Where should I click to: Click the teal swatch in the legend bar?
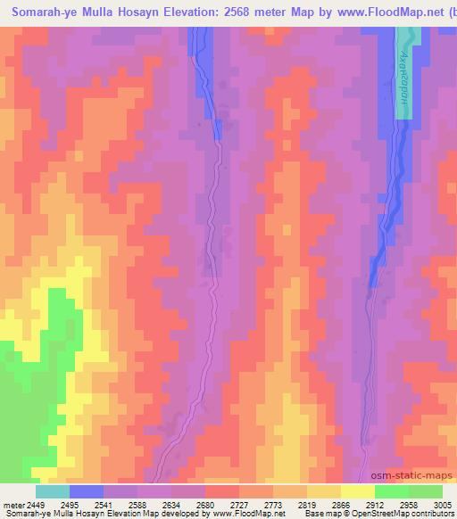52,491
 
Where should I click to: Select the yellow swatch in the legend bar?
357,491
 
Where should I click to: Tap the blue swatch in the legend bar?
87,491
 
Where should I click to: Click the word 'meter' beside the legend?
12,504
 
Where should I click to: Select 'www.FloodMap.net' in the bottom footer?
252,514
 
